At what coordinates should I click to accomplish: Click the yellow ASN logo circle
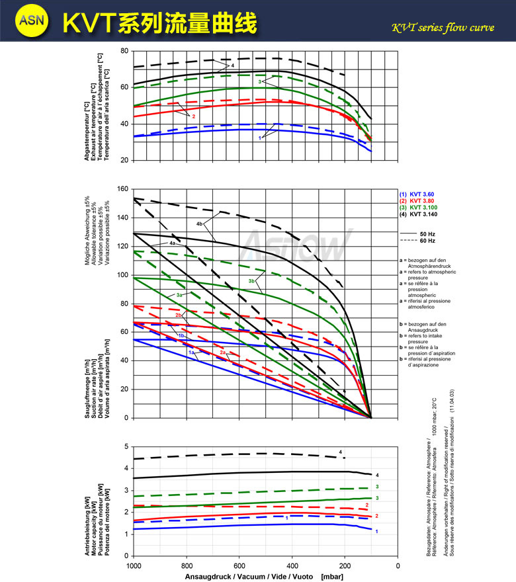tap(32, 21)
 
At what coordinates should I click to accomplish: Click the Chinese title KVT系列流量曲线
tap(159, 21)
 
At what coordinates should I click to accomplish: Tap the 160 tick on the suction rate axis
tap(122, 189)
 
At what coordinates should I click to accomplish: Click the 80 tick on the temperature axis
tap(124, 51)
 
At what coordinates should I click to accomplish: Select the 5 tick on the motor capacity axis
tap(126, 446)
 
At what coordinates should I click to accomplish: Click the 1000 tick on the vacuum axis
tap(134, 565)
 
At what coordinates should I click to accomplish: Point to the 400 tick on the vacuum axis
tap(292, 565)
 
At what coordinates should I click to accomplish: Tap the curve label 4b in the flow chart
tap(199, 224)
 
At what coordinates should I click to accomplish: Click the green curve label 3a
tap(179, 294)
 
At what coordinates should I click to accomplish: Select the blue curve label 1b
tap(181, 336)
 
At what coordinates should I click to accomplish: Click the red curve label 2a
tap(224, 353)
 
